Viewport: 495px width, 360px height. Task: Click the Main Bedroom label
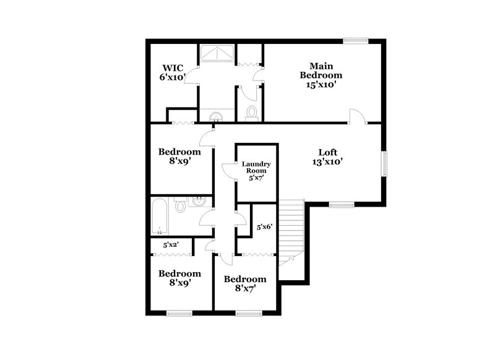click(321, 75)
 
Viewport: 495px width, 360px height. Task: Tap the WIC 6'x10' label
click(173, 72)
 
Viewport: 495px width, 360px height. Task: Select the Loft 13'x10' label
click(327, 156)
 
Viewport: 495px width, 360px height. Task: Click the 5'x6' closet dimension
click(264, 227)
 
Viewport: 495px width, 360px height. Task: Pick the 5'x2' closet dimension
click(171, 245)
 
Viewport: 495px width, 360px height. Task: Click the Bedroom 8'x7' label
click(245, 283)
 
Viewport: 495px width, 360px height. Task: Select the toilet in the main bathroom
click(251, 112)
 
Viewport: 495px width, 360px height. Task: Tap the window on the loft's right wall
click(384, 163)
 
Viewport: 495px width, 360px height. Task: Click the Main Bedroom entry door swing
click(357, 116)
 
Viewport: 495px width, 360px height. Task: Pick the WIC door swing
click(192, 77)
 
